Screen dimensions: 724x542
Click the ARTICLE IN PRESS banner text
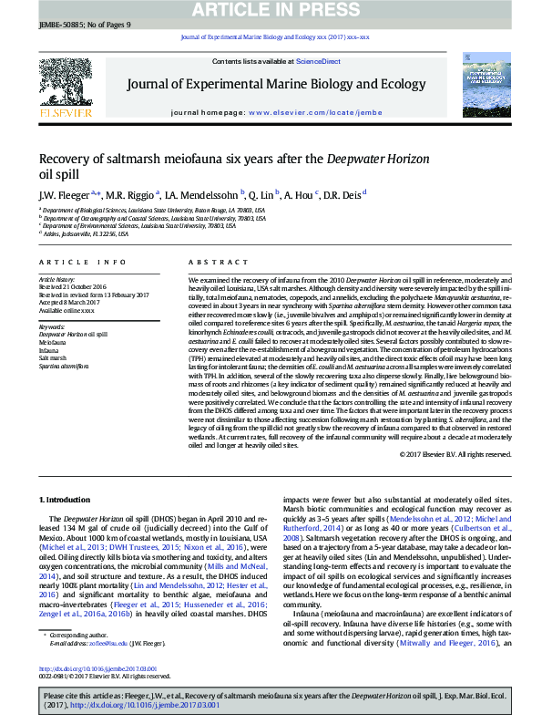(271, 10)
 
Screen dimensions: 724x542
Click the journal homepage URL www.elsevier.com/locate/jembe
(315, 112)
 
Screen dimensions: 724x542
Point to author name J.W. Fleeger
(62, 195)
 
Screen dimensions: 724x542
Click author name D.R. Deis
(341, 195)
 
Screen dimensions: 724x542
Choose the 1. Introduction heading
(65, 500)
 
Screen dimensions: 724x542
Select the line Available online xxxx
(66, 310)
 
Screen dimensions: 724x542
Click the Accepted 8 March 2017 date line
(68, 302)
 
